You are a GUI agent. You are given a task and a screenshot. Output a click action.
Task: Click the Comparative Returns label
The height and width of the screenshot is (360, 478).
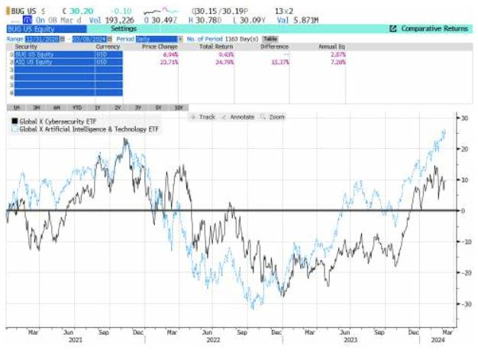pos(434,28)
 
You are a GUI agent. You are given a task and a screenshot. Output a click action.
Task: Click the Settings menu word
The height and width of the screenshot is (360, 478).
pos(124,28)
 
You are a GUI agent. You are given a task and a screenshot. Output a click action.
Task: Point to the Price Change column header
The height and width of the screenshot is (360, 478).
pos(160,46)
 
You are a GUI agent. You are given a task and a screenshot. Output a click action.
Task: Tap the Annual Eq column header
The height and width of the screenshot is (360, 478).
pos(332,46)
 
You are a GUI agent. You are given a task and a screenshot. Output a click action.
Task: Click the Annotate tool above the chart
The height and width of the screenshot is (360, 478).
pos(240,116)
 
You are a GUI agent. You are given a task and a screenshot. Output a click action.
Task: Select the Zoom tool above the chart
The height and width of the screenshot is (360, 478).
pos(273,116)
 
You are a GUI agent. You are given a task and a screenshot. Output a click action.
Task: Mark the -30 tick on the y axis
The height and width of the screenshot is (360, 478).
pos(462,303)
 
